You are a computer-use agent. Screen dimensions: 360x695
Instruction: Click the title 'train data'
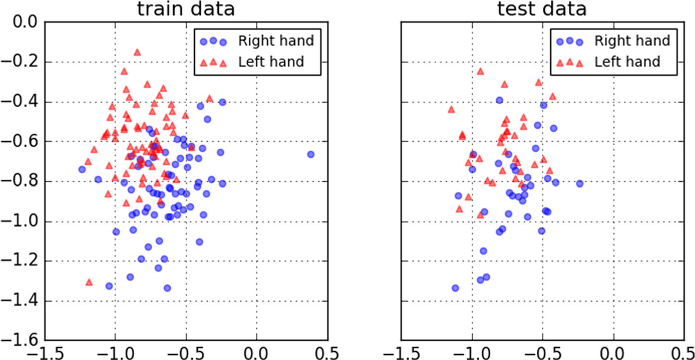(x=185, y=9)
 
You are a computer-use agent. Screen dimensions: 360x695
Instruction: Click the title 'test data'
(x=543, y=9)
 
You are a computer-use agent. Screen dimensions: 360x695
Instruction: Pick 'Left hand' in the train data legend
(x=271, y=61)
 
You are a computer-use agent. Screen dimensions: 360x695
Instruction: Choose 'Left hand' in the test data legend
(x=627, y=61)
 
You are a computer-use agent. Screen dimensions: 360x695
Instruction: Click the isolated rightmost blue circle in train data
(x=311, y=154)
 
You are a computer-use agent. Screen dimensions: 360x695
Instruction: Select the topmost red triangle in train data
(x=137, y=52)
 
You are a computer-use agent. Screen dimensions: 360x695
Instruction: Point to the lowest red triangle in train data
(x=89, y=282)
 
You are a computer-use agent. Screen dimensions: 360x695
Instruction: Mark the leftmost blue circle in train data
(x=82, y=169)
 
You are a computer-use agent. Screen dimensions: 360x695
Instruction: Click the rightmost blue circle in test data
(x=580, y=184)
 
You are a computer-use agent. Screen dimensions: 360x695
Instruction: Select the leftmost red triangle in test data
(x=451, y=109)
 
